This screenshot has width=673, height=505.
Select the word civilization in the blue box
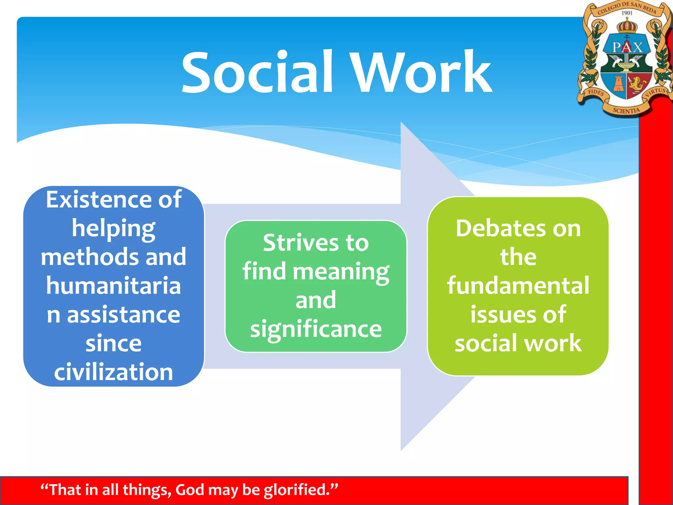pos(113,372)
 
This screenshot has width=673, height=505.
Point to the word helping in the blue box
pos(113,228)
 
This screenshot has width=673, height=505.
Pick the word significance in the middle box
pos(315,329)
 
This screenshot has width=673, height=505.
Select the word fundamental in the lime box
pos(518,286)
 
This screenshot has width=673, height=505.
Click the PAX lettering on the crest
pos(627,47)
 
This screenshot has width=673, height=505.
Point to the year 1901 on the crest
pos(627,13)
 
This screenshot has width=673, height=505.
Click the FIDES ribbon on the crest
pos(595,93)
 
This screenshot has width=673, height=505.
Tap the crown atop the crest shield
pos(627,26)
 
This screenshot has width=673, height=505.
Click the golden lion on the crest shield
pos(638,84)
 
